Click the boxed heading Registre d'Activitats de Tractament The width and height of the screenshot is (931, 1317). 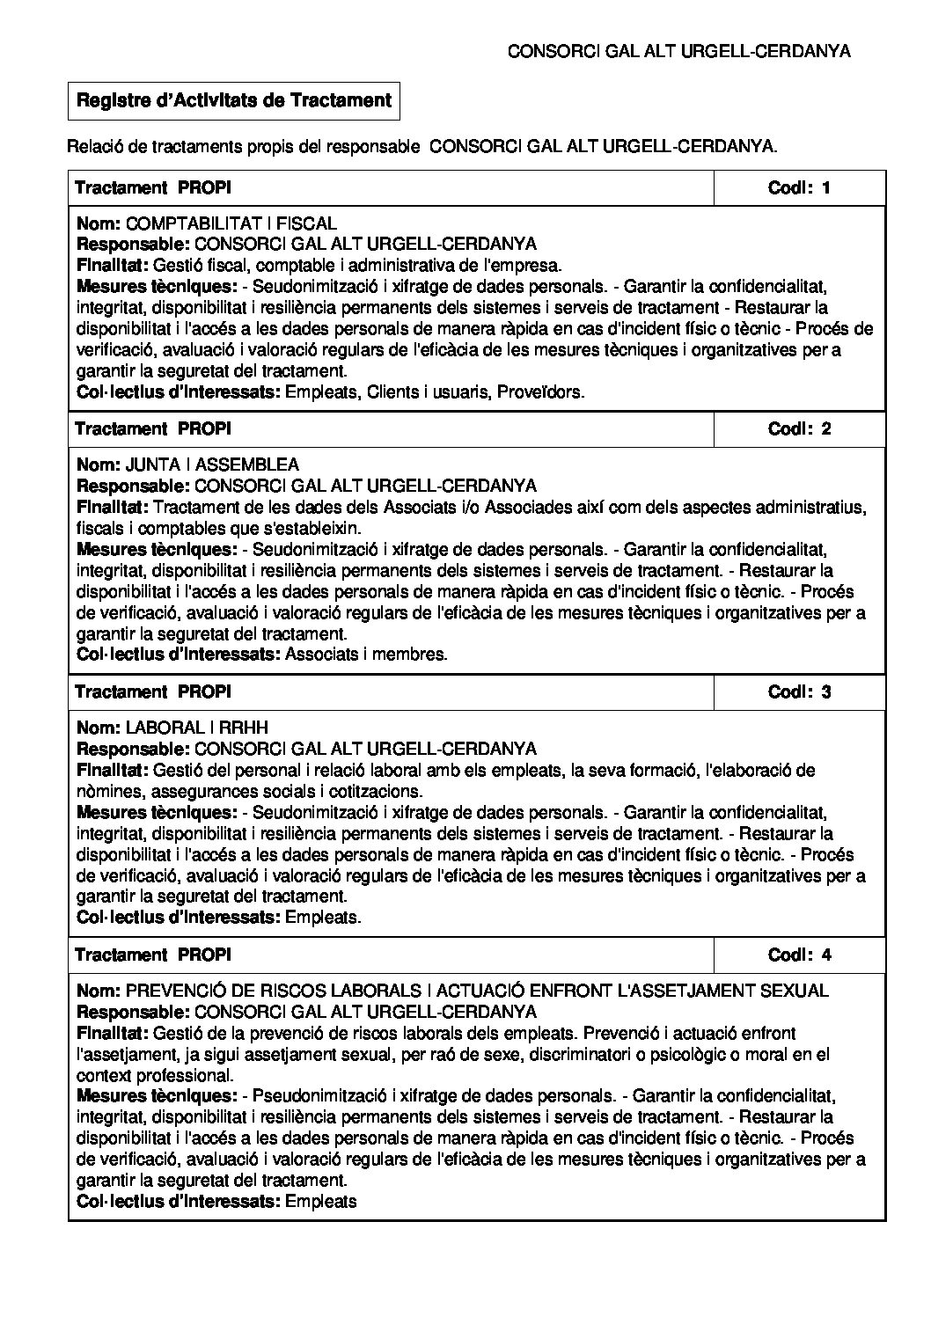pyautogui.click(x=234, y=101)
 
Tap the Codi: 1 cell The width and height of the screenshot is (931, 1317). pyautogui.click(x=799, y=187)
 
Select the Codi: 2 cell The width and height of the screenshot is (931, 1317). pyautogui.click(x=799, y=429)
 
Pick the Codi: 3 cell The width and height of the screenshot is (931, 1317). pyautogui.click(x=799, y=692)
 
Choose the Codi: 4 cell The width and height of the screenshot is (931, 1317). pyautogui.click(x=799, y=955)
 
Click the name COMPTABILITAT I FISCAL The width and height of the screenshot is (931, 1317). pyautogui.click(x=231, y=224)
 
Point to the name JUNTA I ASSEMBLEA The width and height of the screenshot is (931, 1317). pyautogui.click(x=212, y=465)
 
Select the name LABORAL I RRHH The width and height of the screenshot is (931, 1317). pyautogui.click(x=197, y=728)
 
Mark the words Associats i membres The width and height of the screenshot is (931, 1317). pyautogui.click(x=367, y=655)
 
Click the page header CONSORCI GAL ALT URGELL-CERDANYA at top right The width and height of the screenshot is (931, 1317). pyautogui.click(x=679, y=52)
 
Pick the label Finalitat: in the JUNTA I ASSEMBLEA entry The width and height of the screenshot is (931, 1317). pyautogui.click(x=114, y=508)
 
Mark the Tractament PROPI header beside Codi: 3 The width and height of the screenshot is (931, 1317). pyautogui.click(x=153, y=692)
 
